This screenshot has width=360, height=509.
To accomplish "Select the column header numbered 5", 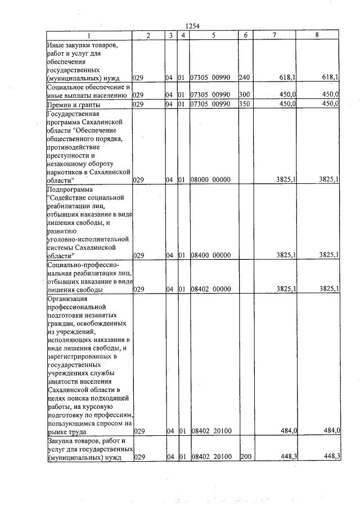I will point(214,35).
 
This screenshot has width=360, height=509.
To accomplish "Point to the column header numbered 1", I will point(88,35).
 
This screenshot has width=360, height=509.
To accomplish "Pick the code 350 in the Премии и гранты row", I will point(244,104).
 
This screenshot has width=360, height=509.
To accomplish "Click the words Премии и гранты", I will point(74,105).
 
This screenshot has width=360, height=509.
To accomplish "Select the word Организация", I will point(67,299).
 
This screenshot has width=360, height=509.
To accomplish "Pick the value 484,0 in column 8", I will point(331,431).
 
